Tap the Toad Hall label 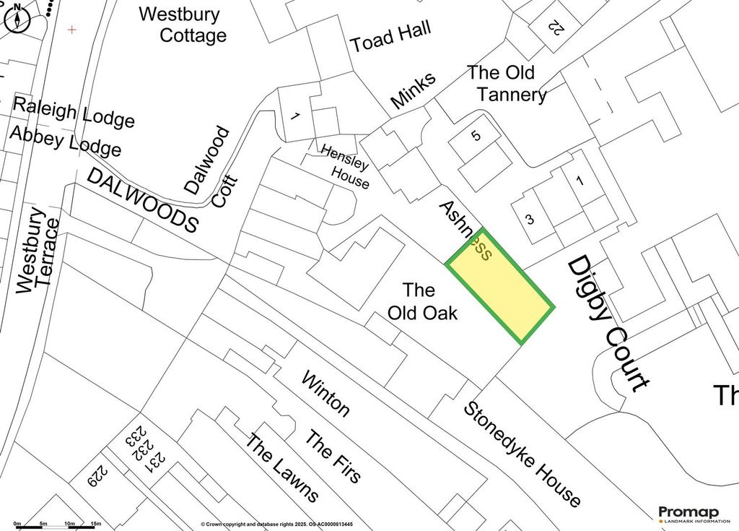click(391, 37)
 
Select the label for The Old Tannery click(507, 84)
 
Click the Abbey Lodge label click(65, 140)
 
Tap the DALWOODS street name click(143, 199)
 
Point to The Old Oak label click(422, 302)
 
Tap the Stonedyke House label click(521, 454)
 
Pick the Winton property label click(325, 394)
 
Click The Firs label click(333, 457)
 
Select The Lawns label click(281, 467)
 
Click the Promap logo click(694, 514)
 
